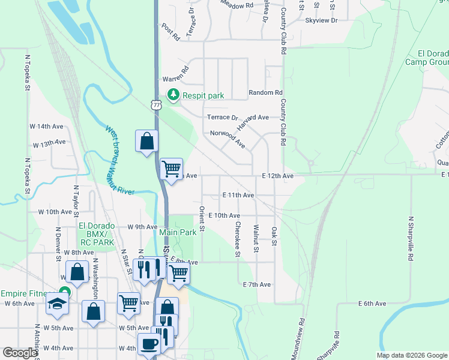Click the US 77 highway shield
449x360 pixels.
(x=157, y=104)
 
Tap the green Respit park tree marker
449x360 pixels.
(x=173, y=94)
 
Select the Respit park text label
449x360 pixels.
(x=203, y=95)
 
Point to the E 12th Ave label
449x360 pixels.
(x=278, y=176)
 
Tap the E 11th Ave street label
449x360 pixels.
(x=238, y=195)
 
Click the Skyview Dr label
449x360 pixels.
(x=322, y=20)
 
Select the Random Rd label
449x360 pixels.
(x=265, y=93)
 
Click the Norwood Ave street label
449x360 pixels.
(x=228, y=139)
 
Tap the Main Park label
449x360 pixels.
(x=178, y=232)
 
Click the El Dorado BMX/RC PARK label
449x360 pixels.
(x=96, y=234)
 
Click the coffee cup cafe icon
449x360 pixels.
(x=149, y=344)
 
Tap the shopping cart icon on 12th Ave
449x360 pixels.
(x=172, y=169)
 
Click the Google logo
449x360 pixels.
(x=20, y=353)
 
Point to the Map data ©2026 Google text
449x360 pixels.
(x=411, y=355)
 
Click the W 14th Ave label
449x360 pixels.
(x=46, y=127)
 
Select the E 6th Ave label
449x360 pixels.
(x=372, y=304)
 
